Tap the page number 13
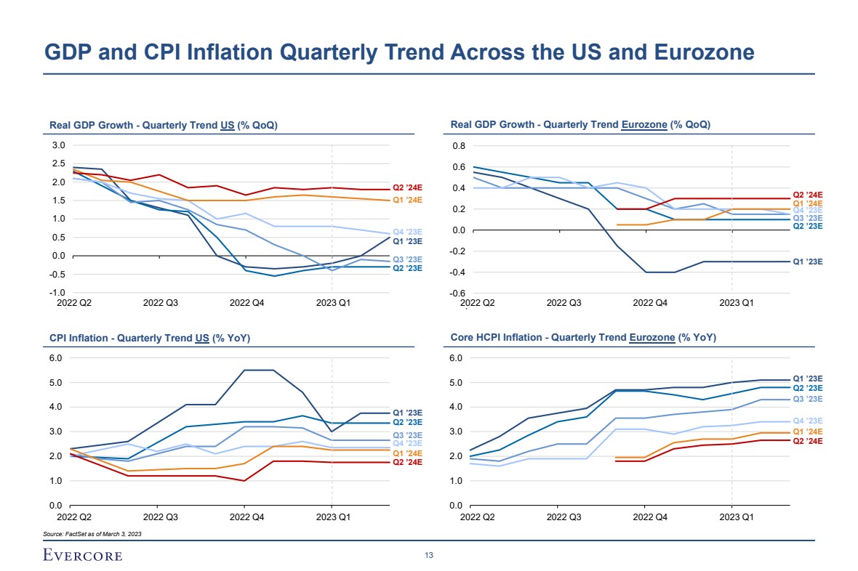click(429, 556)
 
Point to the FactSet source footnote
click(92, 534)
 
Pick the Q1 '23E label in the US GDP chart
click(407, 240)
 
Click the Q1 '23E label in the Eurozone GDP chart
click(807, 262)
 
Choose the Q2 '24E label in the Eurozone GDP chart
click(807, 195)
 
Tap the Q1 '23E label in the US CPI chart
click(407, 413)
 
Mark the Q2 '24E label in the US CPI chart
click(407, 462)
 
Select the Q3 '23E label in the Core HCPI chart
click(807, 399)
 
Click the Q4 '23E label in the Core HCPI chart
click(807, 421)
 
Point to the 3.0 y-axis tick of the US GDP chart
click(59, 145)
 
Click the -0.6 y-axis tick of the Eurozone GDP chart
click(460, 293)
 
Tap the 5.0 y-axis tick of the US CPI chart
click(59, 382)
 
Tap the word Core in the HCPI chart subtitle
click(462, 338)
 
